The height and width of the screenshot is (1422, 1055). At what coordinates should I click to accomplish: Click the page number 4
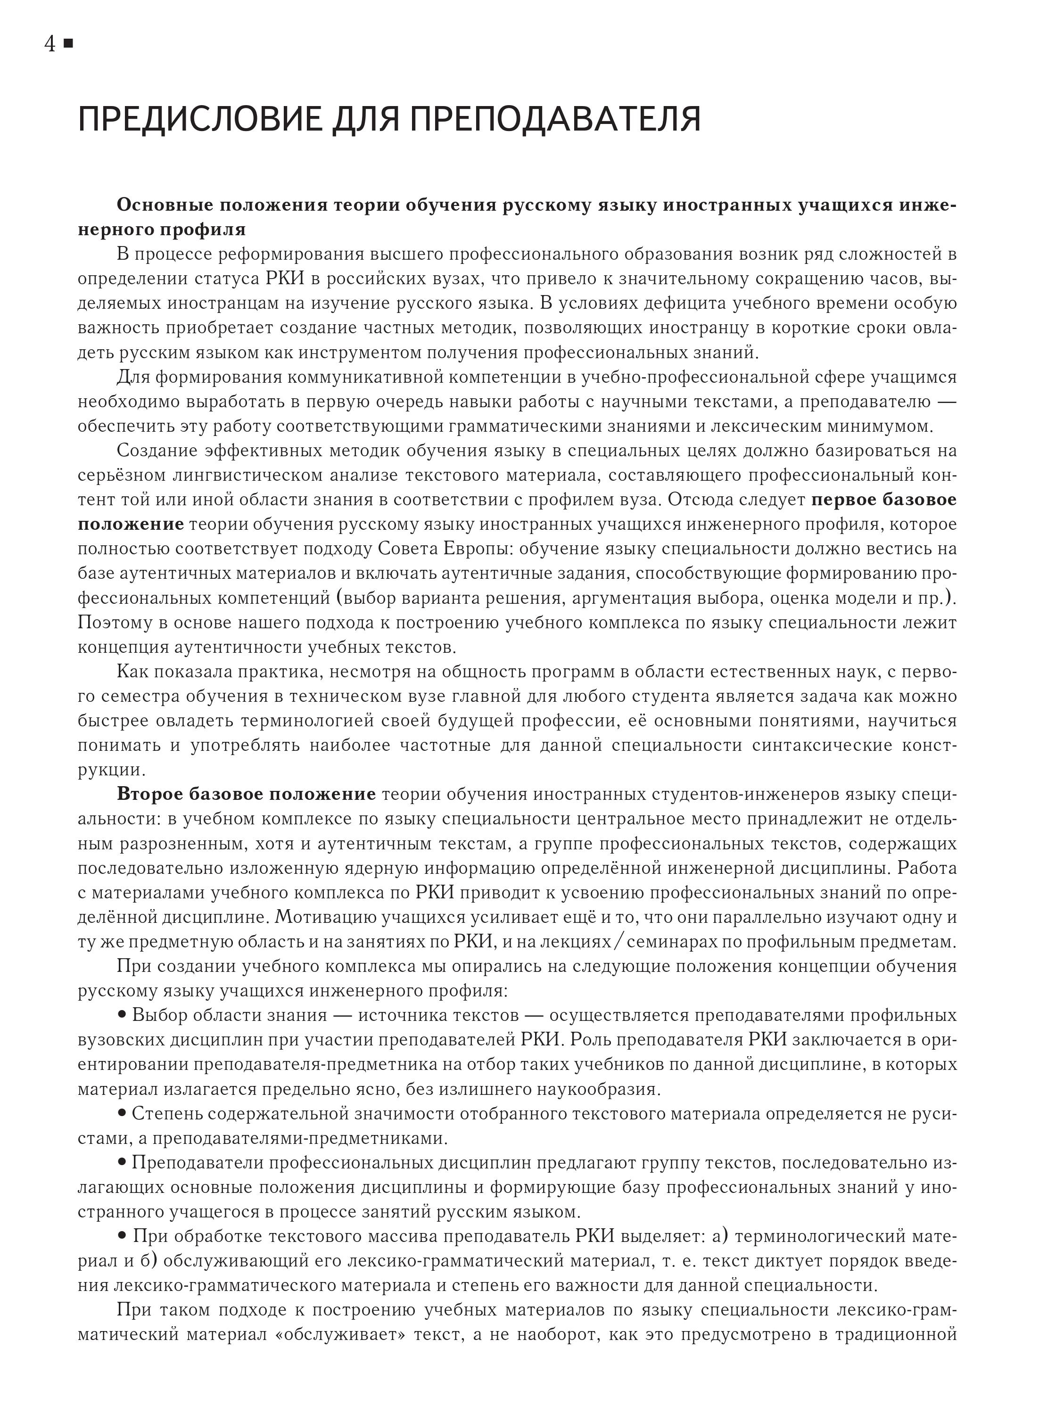50,44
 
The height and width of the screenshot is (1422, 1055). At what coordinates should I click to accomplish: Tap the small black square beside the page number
69,43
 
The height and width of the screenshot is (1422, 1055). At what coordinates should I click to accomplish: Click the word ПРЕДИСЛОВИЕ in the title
198,119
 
